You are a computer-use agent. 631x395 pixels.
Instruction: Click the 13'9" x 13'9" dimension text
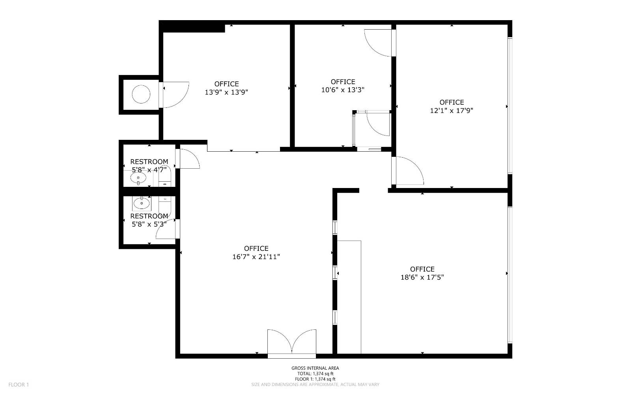click(226, 92)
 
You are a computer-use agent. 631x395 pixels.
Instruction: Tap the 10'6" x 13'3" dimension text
click(343, 90)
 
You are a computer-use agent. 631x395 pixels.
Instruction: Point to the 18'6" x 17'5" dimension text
click(422, 278)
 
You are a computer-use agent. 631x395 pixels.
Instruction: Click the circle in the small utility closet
click(141, 95)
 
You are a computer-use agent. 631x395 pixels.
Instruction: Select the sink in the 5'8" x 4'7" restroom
click(138, 179)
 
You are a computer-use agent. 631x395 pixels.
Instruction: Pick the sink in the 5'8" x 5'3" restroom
click(141, 204)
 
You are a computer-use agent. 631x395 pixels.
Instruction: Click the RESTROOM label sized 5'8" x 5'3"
click(149, 216)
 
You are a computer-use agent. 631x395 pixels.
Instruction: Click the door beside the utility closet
click(174, 94)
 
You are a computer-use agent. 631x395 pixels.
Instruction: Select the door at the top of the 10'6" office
click(378, 43)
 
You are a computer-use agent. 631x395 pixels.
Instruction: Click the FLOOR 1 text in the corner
click(19, 385)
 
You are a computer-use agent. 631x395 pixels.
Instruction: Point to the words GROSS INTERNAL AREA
click(315, 368)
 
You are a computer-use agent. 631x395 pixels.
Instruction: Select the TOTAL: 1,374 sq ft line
click(315, 374)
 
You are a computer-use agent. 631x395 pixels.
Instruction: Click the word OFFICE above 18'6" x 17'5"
click(422, 269)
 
